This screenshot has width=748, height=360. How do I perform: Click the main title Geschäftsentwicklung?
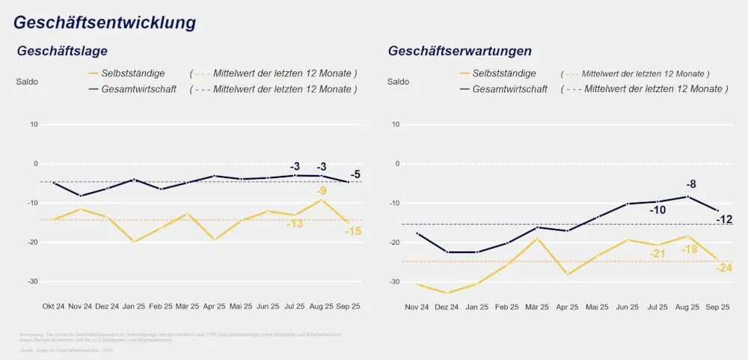click(105, 23)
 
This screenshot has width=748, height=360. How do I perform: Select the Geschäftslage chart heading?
click(62, 52)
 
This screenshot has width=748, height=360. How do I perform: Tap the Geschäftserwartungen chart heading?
click(459, 52)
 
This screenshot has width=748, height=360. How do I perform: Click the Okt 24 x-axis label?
click(54, 306)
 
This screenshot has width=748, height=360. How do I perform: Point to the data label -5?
click(355, 175)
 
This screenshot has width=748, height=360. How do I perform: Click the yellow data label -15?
click(353, 231)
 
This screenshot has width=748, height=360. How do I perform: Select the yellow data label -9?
click(321, 191)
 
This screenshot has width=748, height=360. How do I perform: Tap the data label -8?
click(691, 183)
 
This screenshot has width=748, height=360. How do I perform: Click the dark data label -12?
click(724, 219)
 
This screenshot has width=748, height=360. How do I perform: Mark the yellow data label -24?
click(724, 268)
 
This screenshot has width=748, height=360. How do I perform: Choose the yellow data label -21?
click(657, 254)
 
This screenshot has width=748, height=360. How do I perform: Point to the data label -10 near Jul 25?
click(657, 210)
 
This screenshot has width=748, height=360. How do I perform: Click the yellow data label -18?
click(690, 249)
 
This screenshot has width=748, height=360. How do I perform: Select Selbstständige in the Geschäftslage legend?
click(133, 73)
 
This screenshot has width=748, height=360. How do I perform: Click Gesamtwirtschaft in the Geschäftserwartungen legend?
click(509, 89)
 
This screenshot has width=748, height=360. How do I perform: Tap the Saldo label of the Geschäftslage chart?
click(27, 82)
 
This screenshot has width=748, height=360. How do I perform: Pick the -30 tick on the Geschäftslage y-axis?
click(32, 281)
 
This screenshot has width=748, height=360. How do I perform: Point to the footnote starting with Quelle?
click(65, 350)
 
